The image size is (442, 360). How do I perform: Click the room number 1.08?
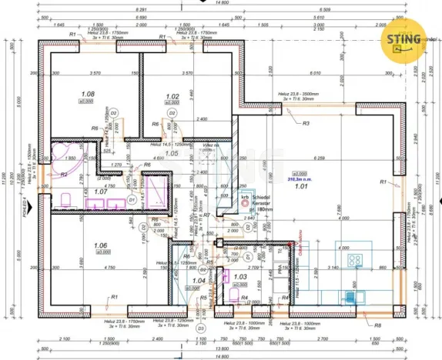coord(89,96)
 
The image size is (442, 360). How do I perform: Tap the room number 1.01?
coord(301,185)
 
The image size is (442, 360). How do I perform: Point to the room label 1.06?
coord(101,246)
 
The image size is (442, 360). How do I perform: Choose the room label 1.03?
coord(239,276)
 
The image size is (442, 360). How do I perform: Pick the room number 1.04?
coord(199,282)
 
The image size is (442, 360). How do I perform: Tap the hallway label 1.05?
coord(171,154)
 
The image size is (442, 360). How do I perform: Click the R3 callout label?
coord(306,123)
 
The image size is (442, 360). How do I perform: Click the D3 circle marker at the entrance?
coord(200,328)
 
